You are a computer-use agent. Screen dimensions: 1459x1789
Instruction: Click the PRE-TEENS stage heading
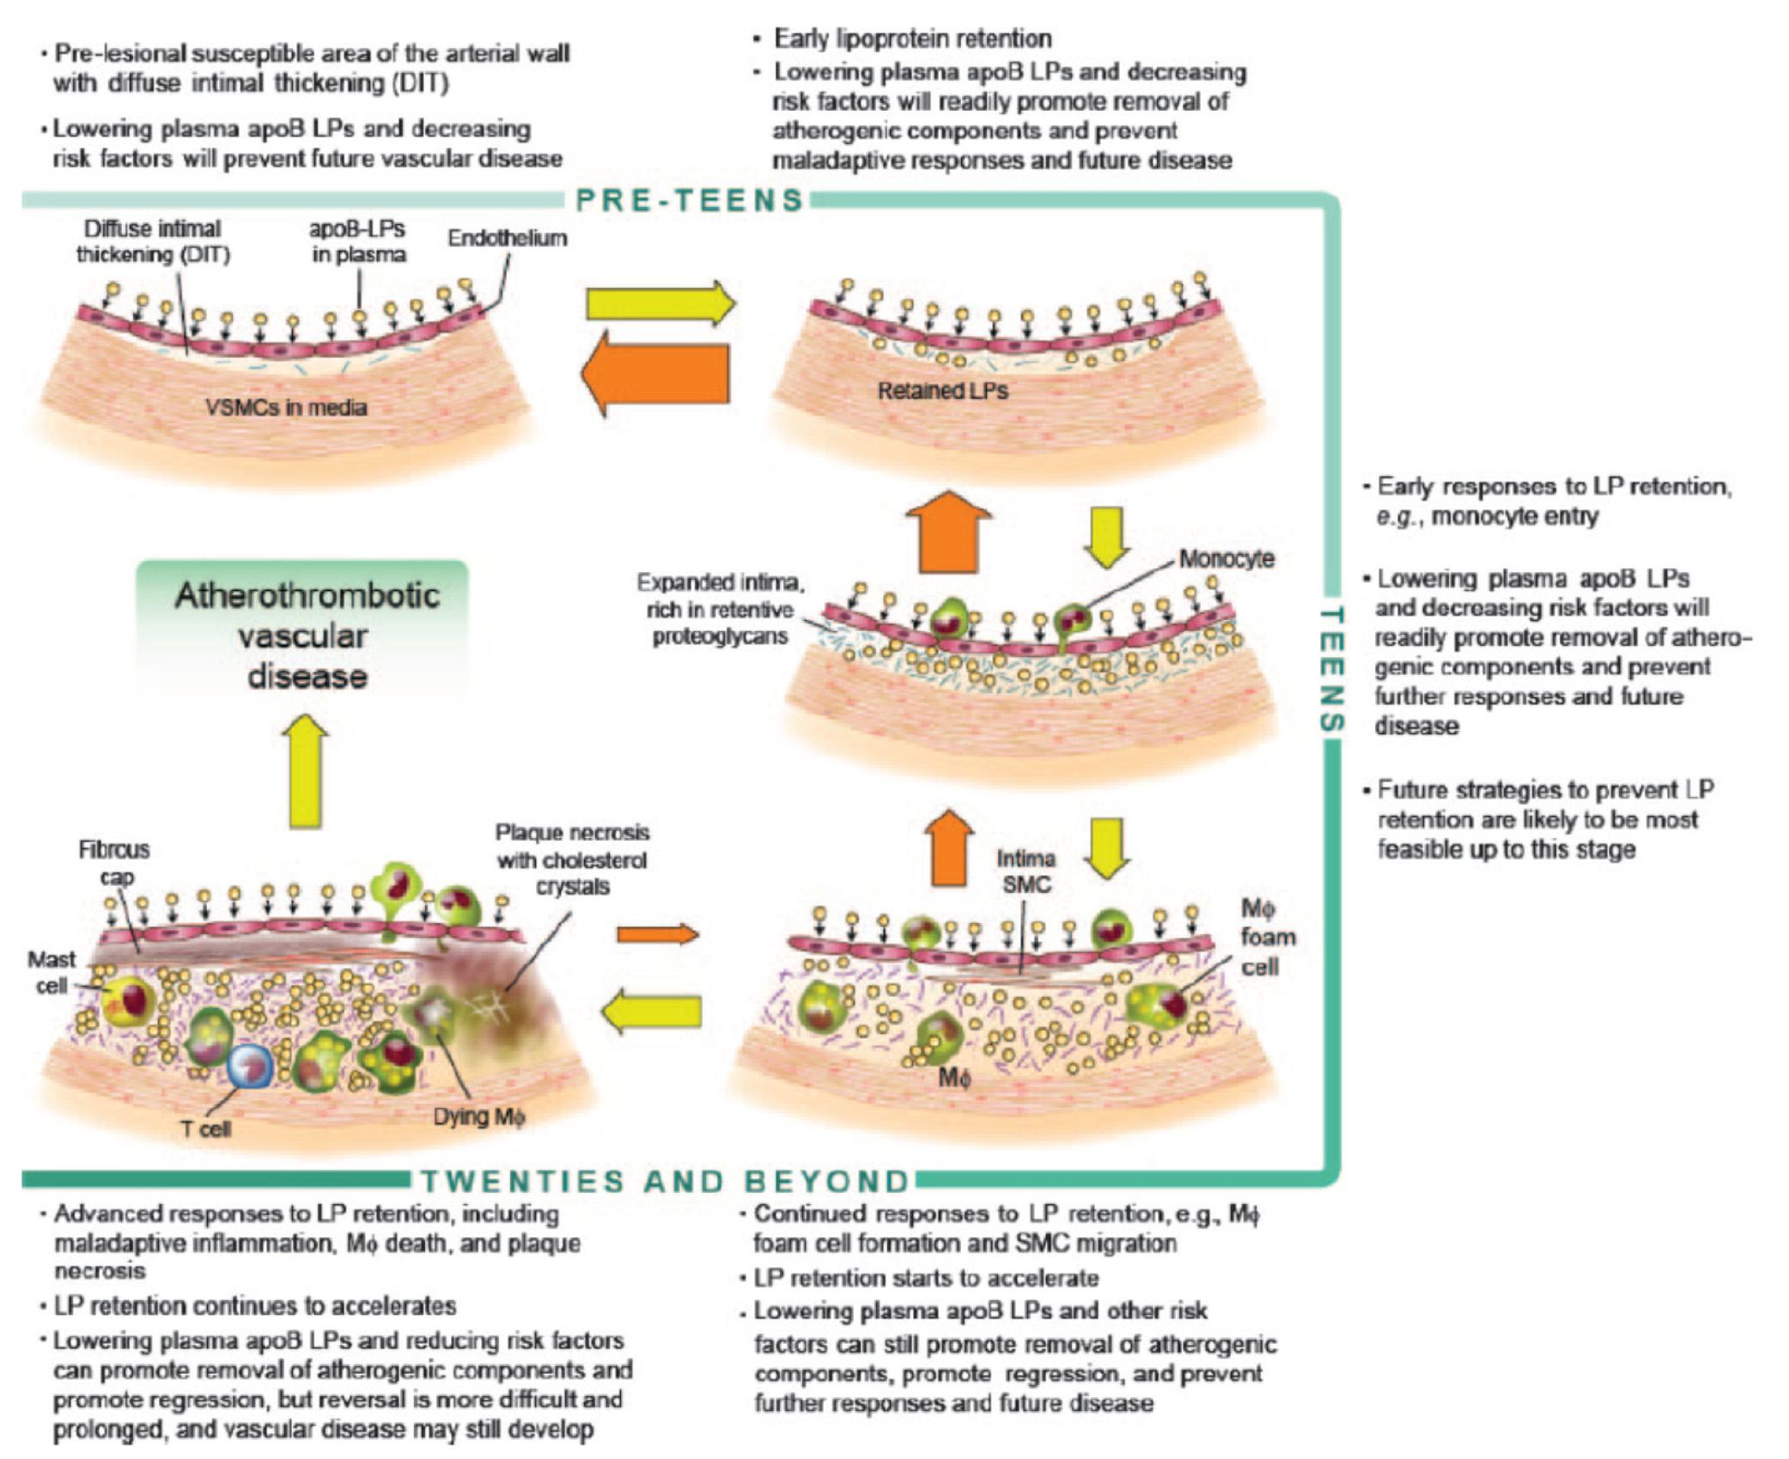[690, 200]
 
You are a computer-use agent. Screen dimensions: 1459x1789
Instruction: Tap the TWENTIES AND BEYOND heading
[665, 1181]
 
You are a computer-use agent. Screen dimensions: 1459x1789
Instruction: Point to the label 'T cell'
[206, 1128]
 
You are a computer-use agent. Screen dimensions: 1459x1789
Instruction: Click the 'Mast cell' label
[51, 972]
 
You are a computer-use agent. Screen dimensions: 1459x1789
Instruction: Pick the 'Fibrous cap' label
[114, 862]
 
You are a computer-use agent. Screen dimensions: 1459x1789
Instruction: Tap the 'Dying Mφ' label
[478, 1116]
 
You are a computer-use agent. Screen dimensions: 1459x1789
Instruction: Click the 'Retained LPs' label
[942, 391]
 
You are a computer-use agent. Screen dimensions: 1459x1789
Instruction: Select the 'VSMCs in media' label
[286, 406]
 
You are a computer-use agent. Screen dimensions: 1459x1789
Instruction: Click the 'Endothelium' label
[507, 238]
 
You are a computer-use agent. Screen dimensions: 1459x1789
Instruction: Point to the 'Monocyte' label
[1226, 558]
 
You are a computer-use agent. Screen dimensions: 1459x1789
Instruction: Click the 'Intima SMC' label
[1025, 871]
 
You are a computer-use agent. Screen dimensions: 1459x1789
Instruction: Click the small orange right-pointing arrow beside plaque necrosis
[658, 933]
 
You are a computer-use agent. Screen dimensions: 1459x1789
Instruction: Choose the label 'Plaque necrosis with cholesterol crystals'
[572, 859]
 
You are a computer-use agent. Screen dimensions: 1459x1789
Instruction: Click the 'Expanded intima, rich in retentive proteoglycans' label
[720, 609]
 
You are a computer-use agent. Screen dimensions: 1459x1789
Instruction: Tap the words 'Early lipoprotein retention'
[912, 39]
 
